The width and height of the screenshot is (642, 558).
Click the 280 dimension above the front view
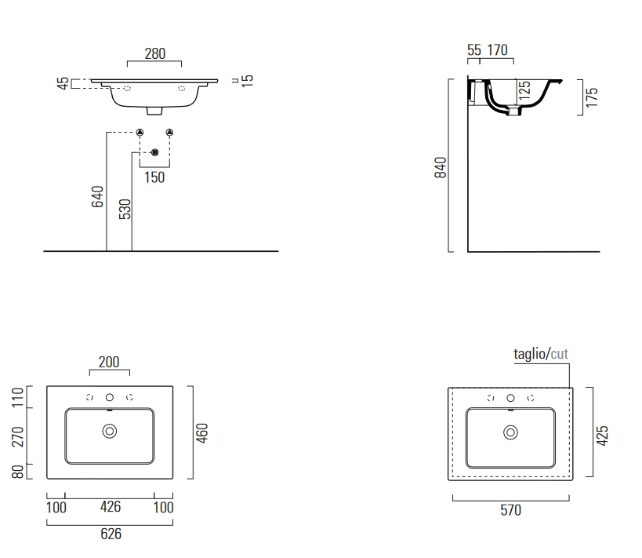click(x=154, y=53)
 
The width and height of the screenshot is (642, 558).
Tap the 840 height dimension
click(x=441, y=167)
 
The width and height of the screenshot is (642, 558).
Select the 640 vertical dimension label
click(x=97, y=196)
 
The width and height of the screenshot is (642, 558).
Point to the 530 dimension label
click(x=125, y=209)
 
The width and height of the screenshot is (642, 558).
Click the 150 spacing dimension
click(x=154, y=177)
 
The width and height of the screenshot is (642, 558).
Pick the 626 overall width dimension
click(x=111, y=534)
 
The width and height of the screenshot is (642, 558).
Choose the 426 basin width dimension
click(x=111, y=507)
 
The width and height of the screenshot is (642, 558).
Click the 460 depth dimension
click(x=202, y=433)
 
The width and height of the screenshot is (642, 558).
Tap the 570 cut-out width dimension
click(x=510, y=510)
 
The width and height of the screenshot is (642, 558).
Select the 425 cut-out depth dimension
click(x=602, y=436)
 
